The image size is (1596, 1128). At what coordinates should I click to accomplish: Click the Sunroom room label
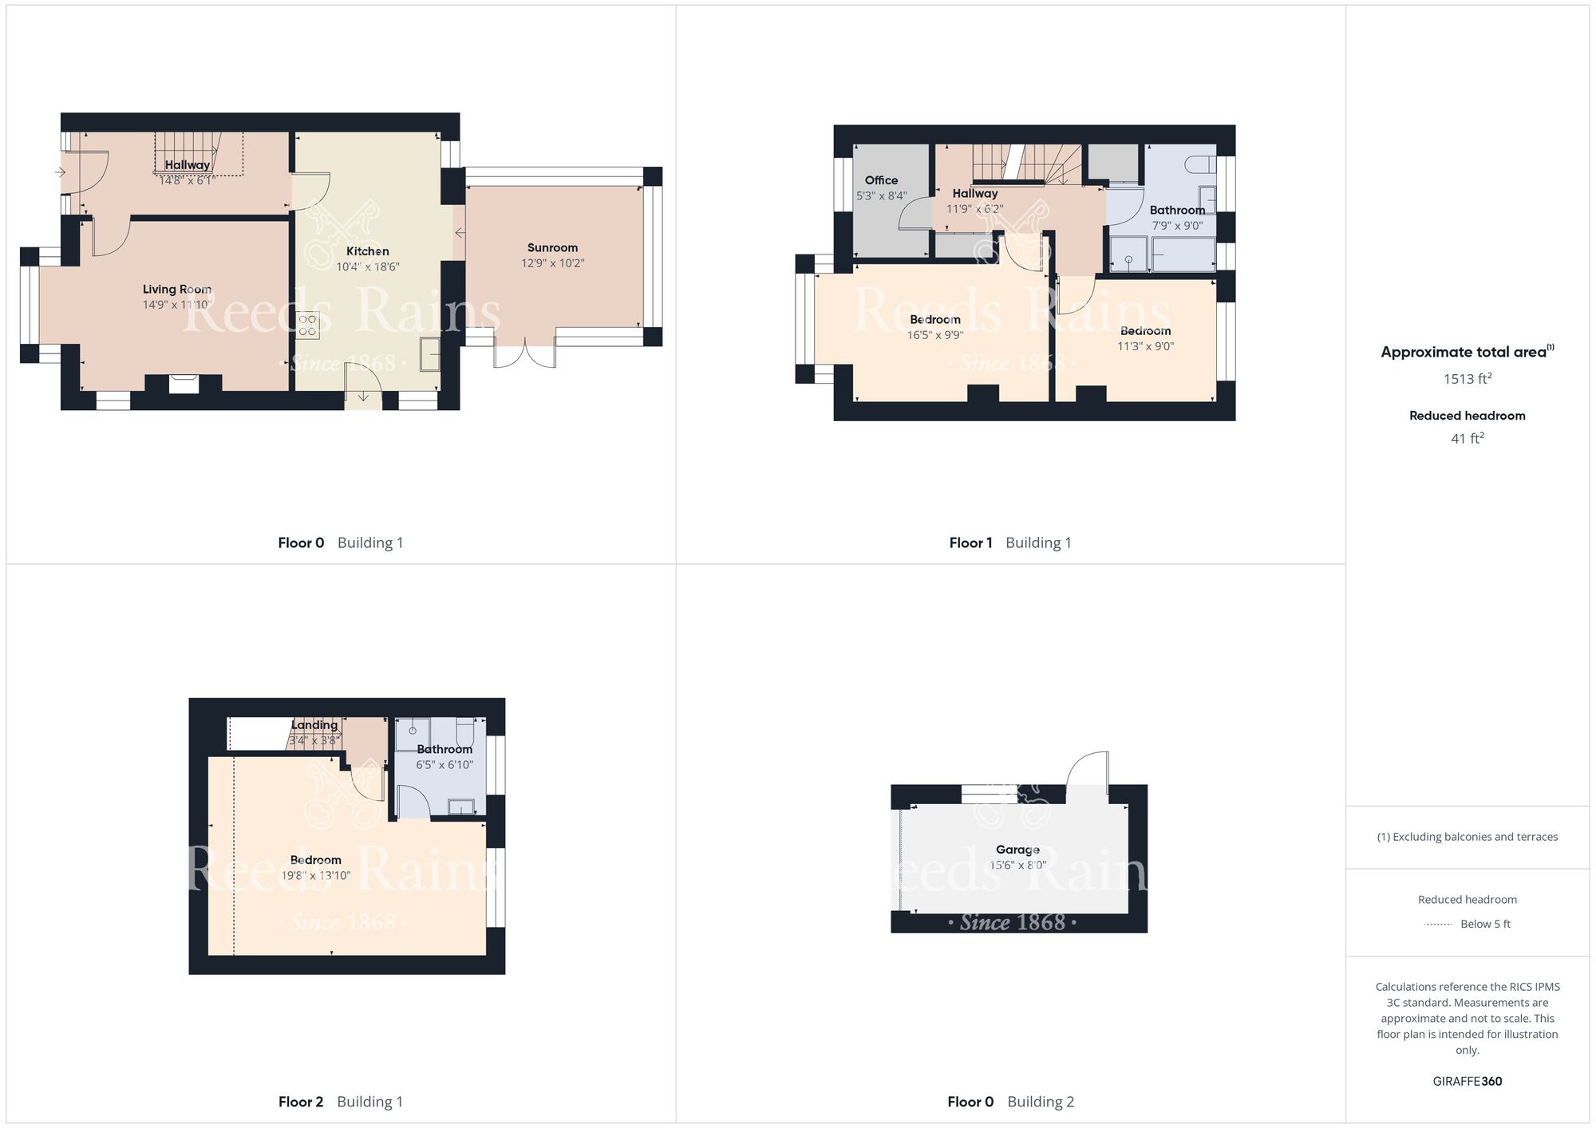pyautogui.click(x=552, y=248)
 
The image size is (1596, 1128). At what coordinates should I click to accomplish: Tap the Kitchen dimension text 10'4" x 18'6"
pyautogui.click(x=367, y=267)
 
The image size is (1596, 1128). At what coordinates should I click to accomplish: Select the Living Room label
pyautogui.click(x=177, y=290)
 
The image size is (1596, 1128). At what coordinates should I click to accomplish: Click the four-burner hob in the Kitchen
pyautogui.click(x=308, y=325)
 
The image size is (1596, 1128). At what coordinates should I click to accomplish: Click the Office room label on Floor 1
pyautogui.click(x=881, y=180)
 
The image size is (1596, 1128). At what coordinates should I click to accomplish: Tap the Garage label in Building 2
pyautogui.click(x=1017, y=850)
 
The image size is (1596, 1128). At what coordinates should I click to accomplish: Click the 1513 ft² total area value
pyautogui.click(x=1467, y=378)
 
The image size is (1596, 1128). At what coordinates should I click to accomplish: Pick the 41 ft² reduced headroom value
pyautogui.click(x=1467, y=438)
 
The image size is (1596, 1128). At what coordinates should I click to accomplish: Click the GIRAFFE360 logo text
pyautogui.click(x=1467, y=1082)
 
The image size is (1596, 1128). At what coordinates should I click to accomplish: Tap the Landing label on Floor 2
pyautogui.click(x=314, y=725)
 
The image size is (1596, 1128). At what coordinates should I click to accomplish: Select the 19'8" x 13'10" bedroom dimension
pyautogui.click(x=316, y=875)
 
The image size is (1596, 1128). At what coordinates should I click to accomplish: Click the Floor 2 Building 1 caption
pyautogui.click(x=341, y=1102)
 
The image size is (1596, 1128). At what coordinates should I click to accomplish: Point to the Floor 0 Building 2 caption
pyautogui.click(x=1011, y=1102)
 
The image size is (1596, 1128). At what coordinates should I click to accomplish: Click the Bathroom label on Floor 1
pyautogui.click(x=1177, y=211)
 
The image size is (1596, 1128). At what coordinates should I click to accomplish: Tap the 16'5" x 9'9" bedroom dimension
pyautogui.click(x=935, y=335)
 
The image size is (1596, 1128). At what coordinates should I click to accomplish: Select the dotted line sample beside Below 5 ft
pyautogui.click(x=1438, y=925)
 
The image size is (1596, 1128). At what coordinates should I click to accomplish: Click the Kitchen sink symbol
pyautogui.click(x=430, y=354)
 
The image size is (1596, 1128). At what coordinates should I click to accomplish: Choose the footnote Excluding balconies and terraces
pyautogui.click(x=1468, y=837)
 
